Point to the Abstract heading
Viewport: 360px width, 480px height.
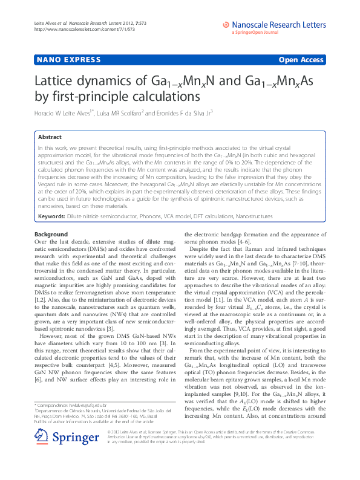coord(50,137)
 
